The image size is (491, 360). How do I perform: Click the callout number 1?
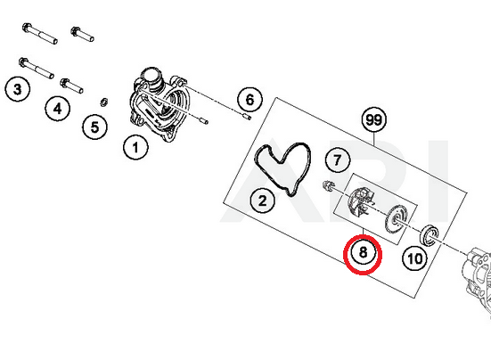coord(135,147)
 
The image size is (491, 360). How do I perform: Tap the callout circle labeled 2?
coord(262,200)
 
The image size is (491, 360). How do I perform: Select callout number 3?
coord(18,89)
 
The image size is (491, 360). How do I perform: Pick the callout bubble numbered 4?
coord(58,109)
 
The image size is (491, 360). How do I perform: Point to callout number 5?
coord(94,127)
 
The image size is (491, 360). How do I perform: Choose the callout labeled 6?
coord(250,100)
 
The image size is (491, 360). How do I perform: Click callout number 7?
coord(338,160)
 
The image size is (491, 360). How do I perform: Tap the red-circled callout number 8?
coord(363,252)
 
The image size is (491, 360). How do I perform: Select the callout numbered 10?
coord(415,258)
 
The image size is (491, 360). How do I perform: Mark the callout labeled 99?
coord(374,119)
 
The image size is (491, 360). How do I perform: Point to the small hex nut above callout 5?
coord(103,102)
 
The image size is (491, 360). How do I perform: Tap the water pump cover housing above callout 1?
coord(158,105)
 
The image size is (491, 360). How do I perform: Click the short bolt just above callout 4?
coord(71,86)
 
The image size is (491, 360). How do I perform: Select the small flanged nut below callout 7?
coord(328,185)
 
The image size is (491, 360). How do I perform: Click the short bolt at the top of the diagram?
coord(82,35)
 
